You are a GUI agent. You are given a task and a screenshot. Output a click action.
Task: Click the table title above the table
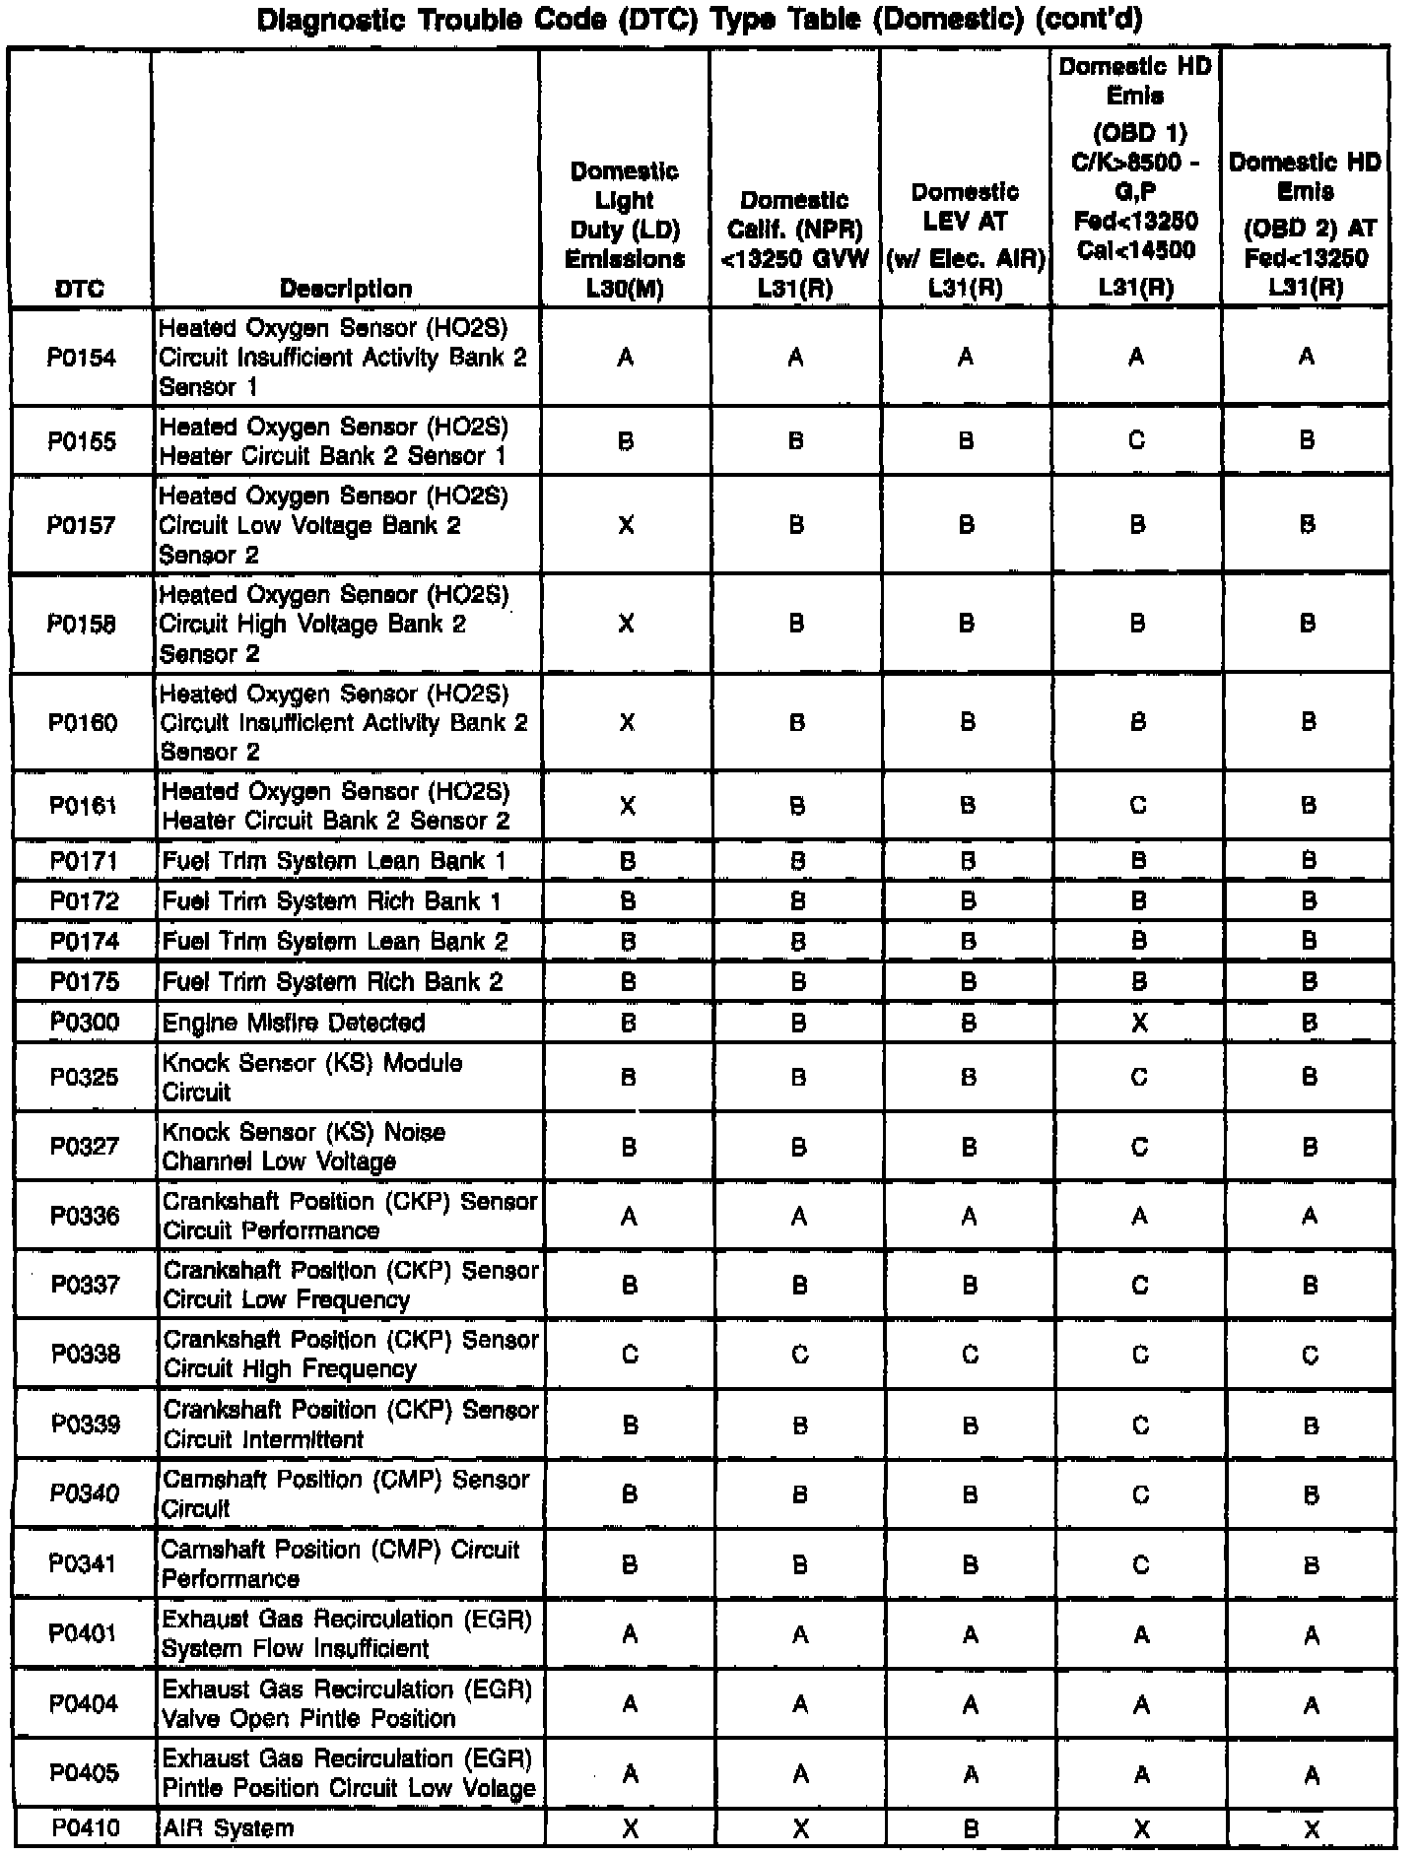(x=700, y=20)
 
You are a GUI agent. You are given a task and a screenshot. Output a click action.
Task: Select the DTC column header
(x=80, y=289)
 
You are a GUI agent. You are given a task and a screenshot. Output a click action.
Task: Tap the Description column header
(x=346, y=289)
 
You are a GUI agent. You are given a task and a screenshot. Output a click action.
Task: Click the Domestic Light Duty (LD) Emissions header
(x=625, y=230)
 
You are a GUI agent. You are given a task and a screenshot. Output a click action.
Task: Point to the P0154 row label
(x=82, y=358)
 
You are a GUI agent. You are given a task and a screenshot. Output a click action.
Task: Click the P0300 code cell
(x=85, y=1023)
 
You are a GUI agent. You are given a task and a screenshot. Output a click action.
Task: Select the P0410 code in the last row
(x=86, y=1828)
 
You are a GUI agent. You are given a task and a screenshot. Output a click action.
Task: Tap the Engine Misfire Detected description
(x=294, y=1023)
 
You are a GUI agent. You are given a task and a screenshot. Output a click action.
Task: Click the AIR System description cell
(x=229, y=1828)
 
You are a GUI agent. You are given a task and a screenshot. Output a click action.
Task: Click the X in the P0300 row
(x=1139, y=1024)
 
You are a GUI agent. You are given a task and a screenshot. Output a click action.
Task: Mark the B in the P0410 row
(x=971, y=1829)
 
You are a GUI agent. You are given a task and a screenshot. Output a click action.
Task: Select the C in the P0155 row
(x=1136, y=441)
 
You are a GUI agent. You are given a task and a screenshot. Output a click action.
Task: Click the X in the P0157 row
(x=626, y=525)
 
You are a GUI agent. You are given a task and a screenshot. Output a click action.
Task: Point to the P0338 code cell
(x=86, y=1355)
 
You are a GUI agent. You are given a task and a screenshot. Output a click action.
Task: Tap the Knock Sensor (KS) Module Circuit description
(x=312, y=1078)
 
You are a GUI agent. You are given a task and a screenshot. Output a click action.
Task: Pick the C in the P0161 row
(x=1138, y=807)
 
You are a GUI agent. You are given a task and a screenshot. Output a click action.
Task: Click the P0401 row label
(x=85, y=1634)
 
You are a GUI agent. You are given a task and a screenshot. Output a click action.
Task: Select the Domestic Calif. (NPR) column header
(x=795, y=244)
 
